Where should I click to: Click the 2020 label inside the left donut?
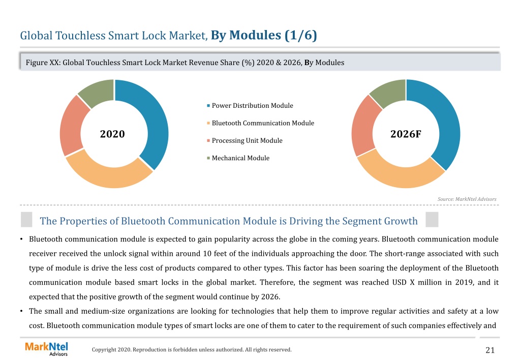pyautogui.click(x=112, y=134)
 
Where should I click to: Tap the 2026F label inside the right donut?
pyautogui.click(x=406, y=134)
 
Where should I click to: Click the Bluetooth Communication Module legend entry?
pyautogui.click(x=260, y=123)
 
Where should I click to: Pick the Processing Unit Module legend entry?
pyautogui.click(x=244, y=141)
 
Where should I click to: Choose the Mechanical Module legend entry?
pyautogui.click(x=238, y=158)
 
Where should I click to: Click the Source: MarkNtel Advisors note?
pyautogui.click(x=467, y=199)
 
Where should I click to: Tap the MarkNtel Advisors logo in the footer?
pyautogui.click(x=46, y=349)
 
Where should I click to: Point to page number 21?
pyautogui.click(x=490, y=350)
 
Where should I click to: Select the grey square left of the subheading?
pyautogui.click(x=26, y=220)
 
